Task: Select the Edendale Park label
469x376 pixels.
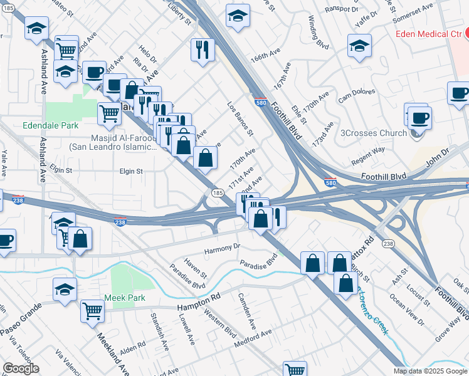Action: coord(50,125)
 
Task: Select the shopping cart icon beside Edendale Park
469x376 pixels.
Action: coord(109,113)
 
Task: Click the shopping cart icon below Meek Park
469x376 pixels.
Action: coord(93,310)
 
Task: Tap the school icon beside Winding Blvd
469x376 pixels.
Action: coord(359,45)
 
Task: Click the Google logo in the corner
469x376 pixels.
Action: coord(21,368)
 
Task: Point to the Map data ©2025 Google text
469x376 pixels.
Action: coord(429,371)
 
